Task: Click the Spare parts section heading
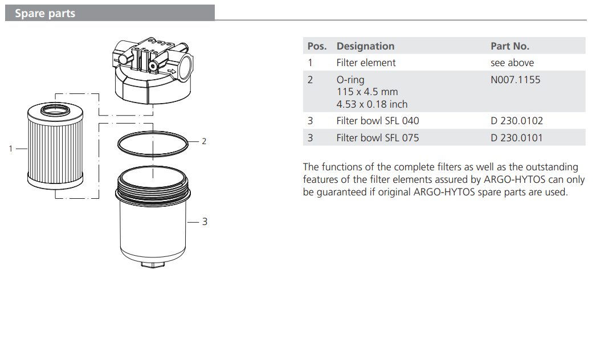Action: (45, 14)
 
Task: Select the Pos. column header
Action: (317, 46)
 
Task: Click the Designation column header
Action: (365, 46)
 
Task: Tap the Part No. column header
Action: (509, 46)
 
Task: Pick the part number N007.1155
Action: (515, 80)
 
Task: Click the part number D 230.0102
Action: (517, 121)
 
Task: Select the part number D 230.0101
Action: (517, 138)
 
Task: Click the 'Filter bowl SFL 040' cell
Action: (377, 121)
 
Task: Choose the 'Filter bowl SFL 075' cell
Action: (377, 138)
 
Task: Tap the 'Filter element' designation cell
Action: (366, 63)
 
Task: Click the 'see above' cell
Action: (512, 63)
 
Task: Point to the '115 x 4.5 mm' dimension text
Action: (367, 92)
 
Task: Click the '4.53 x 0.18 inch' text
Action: (372, 104)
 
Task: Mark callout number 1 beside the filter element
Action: (10, 149)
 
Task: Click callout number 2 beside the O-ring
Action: (204, 141)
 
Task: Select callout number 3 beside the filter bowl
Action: (205, 222)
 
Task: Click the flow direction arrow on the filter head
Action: (170, 71)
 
